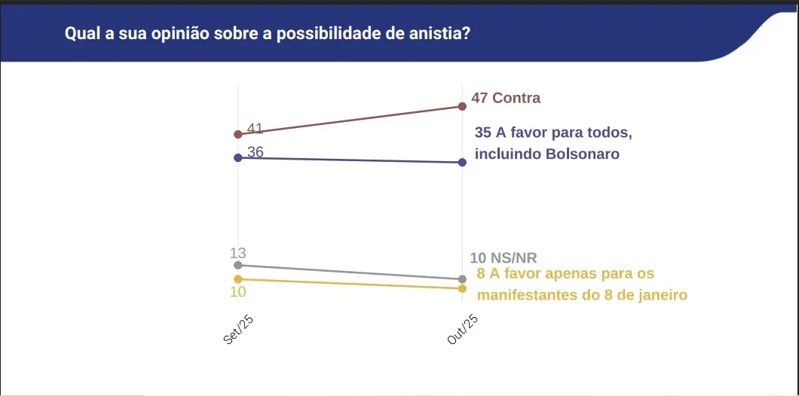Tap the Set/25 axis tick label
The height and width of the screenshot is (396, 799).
[239, 330]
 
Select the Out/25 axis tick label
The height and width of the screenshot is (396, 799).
[463, 330]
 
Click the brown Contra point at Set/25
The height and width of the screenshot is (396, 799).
[238, 134]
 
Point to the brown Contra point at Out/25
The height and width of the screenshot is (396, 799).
[462, 106]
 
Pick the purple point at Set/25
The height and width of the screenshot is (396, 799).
[238, 157]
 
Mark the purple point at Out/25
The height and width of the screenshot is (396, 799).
[462, 163]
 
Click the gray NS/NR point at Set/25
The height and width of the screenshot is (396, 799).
[238, 265]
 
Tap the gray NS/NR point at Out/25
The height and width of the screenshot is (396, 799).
[462, 279]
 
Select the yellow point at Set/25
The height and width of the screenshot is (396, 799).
[238, 279]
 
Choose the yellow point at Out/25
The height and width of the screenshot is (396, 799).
[462, 288]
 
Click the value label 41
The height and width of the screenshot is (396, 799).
[255, 129]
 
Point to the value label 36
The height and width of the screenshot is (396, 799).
[255, 152]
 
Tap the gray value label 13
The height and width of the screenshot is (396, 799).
[238, 253]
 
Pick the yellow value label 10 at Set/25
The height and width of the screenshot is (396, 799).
[238, 291]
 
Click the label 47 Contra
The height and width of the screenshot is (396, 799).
[506, 98]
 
